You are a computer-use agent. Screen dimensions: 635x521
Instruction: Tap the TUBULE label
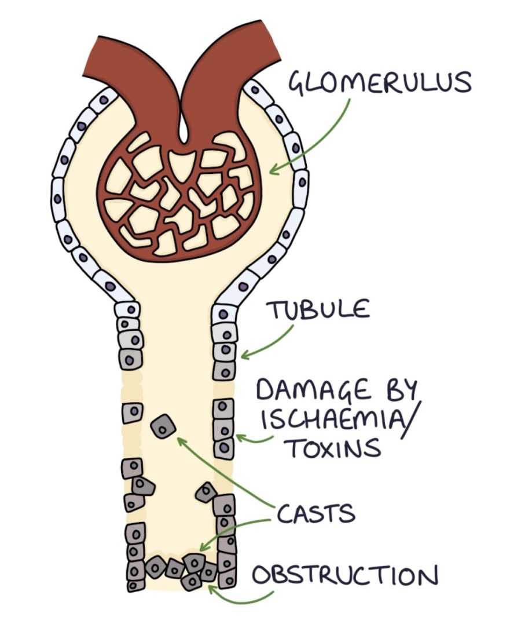pos(317,309)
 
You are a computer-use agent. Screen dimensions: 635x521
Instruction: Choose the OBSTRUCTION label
pos(344,576)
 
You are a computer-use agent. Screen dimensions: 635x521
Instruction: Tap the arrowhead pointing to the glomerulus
pos(274,170)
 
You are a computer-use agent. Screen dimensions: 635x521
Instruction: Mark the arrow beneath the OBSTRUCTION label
pos(232,597)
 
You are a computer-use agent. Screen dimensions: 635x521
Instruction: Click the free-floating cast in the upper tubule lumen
pos(163,427)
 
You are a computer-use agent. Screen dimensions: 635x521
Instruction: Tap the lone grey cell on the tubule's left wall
pos(132,414)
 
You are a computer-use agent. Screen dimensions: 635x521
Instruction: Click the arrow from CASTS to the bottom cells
pos(232,531)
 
